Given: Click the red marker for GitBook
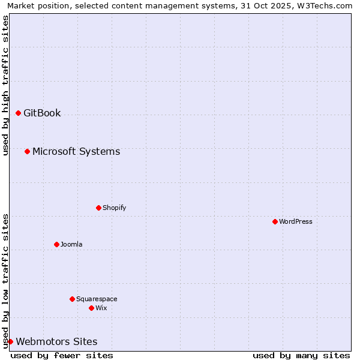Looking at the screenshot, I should click(18, 113).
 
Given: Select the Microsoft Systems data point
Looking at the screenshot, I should click(27, 151).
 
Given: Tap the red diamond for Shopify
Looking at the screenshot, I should click(98, 208).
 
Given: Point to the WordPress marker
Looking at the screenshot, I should click(275, 221).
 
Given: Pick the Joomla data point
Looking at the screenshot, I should click(56, 244).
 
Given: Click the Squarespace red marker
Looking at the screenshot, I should click(72, 299).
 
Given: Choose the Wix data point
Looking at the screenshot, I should click(91, 308).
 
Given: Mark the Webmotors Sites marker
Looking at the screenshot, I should click(10, 341).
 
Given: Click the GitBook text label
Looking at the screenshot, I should click(42, 113).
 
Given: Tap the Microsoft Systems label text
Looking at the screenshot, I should click(76, 151).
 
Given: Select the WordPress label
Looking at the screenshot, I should click(296, 221).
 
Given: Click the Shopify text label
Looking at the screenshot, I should click(114, 208).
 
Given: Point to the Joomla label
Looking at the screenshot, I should click(71, 244).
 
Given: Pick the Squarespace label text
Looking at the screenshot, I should click(97, 299).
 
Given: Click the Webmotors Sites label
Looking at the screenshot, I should click(56, 341).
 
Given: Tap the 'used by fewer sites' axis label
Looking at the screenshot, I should click(62, 355).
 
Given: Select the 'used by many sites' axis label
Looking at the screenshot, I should click(301, 355).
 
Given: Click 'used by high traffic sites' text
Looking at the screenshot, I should click(5, 85).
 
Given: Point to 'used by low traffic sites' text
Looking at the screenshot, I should click(5, 281).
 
